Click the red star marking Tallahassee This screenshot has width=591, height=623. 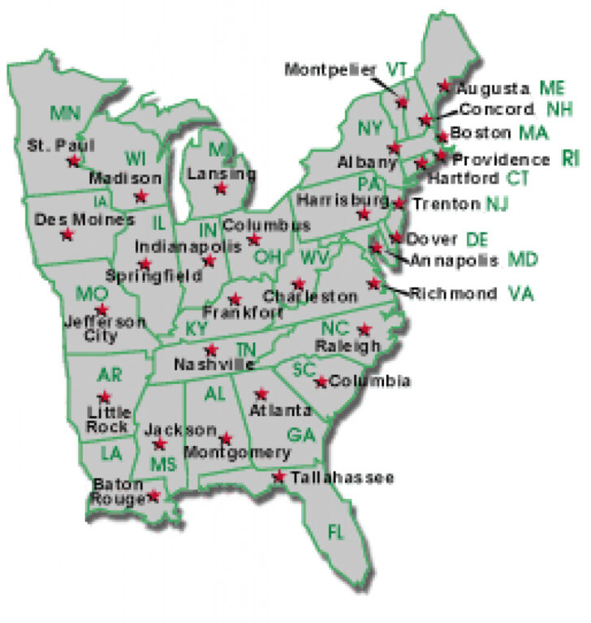coord(279,476)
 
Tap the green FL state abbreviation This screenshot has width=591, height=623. coord(335,532)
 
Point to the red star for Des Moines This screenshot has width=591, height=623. coord(67,234)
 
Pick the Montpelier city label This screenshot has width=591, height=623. coord(330,70)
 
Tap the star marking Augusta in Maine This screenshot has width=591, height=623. coord(444,84)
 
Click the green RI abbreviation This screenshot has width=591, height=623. coord(570,158)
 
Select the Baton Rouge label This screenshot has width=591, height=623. coord(118,492)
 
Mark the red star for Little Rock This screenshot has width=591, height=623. coord(104,397)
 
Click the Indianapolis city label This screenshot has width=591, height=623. coord(177,245)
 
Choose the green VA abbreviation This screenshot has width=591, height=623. coord(522,293)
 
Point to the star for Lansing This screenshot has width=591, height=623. coord(221,188)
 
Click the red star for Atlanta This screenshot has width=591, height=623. coord(261,393)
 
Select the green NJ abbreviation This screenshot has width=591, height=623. coord(497,204)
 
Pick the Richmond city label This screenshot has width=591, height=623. coord(454,294)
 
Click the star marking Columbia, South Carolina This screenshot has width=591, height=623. coord(322,381)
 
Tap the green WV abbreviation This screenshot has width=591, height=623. coord(313,258)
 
